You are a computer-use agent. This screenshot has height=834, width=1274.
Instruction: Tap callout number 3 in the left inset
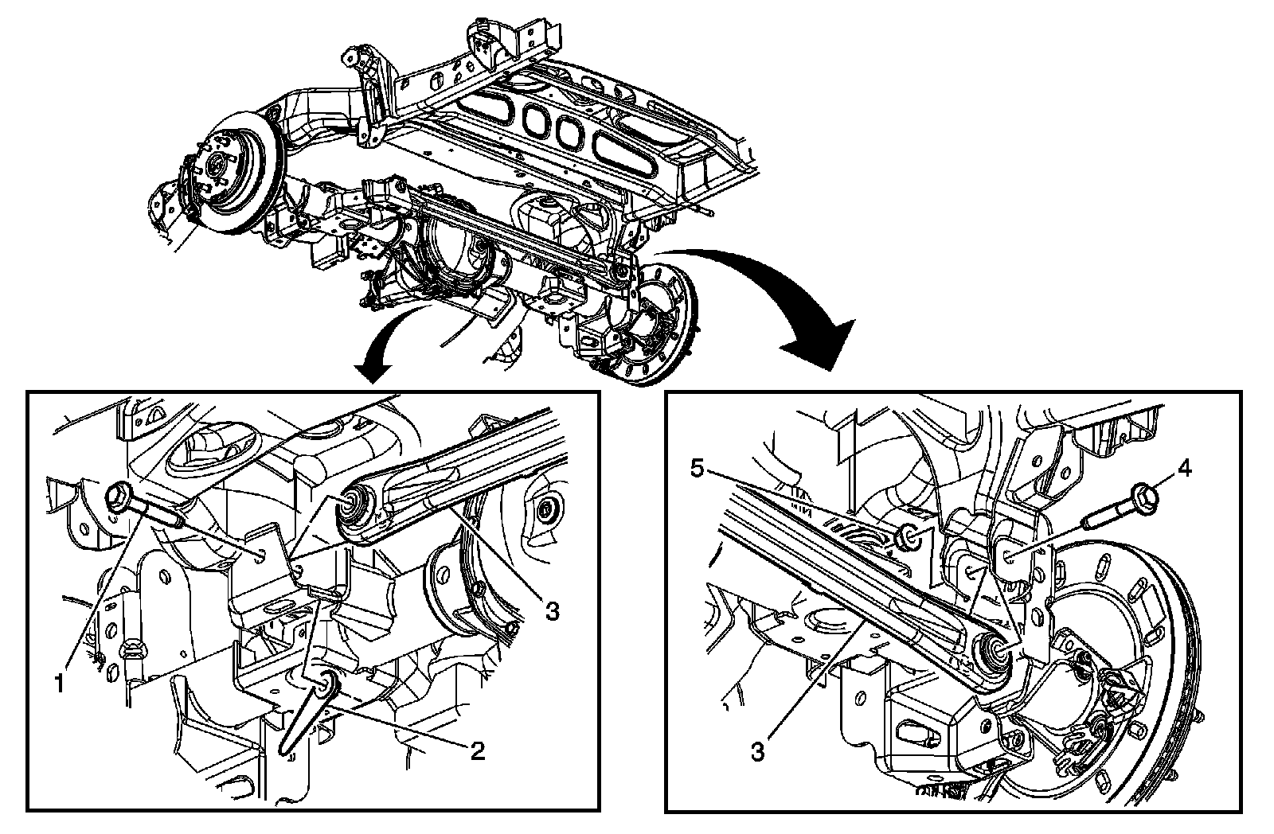(552, 611)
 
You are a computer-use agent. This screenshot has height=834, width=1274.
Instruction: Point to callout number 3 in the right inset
(757, 752)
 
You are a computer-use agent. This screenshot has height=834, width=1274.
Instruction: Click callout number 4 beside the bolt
(1184, 469)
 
